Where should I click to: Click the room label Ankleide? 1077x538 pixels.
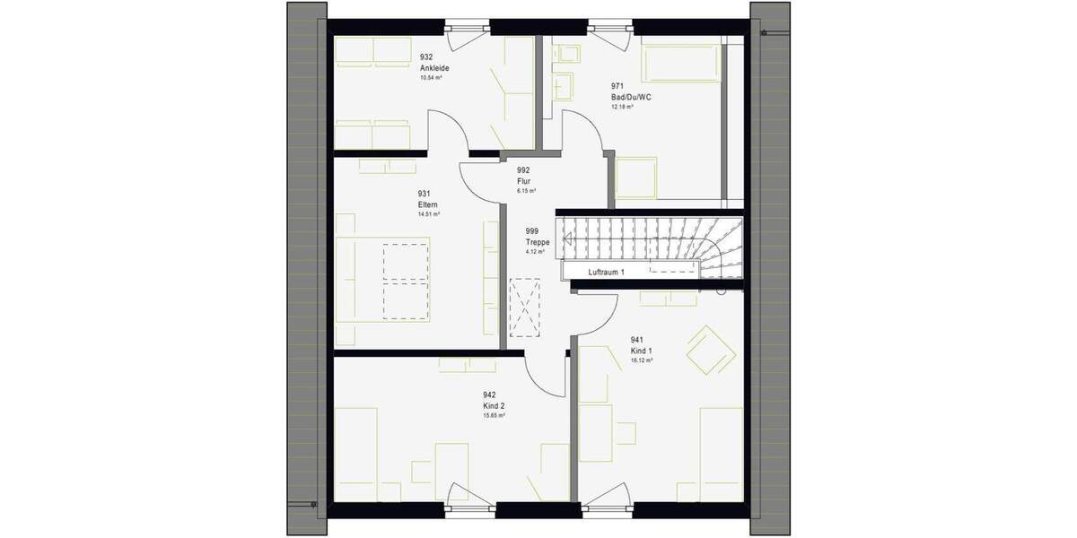(x=434, y=68)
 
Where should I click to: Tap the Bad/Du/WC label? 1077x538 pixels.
(x=631, y=96)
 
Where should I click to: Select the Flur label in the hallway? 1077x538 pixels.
(x=523, y=180)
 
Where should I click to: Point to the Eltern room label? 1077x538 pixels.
(x=427, y=204)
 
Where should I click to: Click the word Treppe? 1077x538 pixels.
(x=538, y=241)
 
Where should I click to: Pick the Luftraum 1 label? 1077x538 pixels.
(x=606, y=271)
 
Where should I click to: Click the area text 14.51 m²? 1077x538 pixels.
(x=427, y=214)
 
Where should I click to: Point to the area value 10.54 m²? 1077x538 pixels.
(x=431, y=78)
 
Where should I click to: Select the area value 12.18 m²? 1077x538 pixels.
(x=623, y=107)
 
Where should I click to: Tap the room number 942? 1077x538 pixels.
(x=489, y=395)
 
